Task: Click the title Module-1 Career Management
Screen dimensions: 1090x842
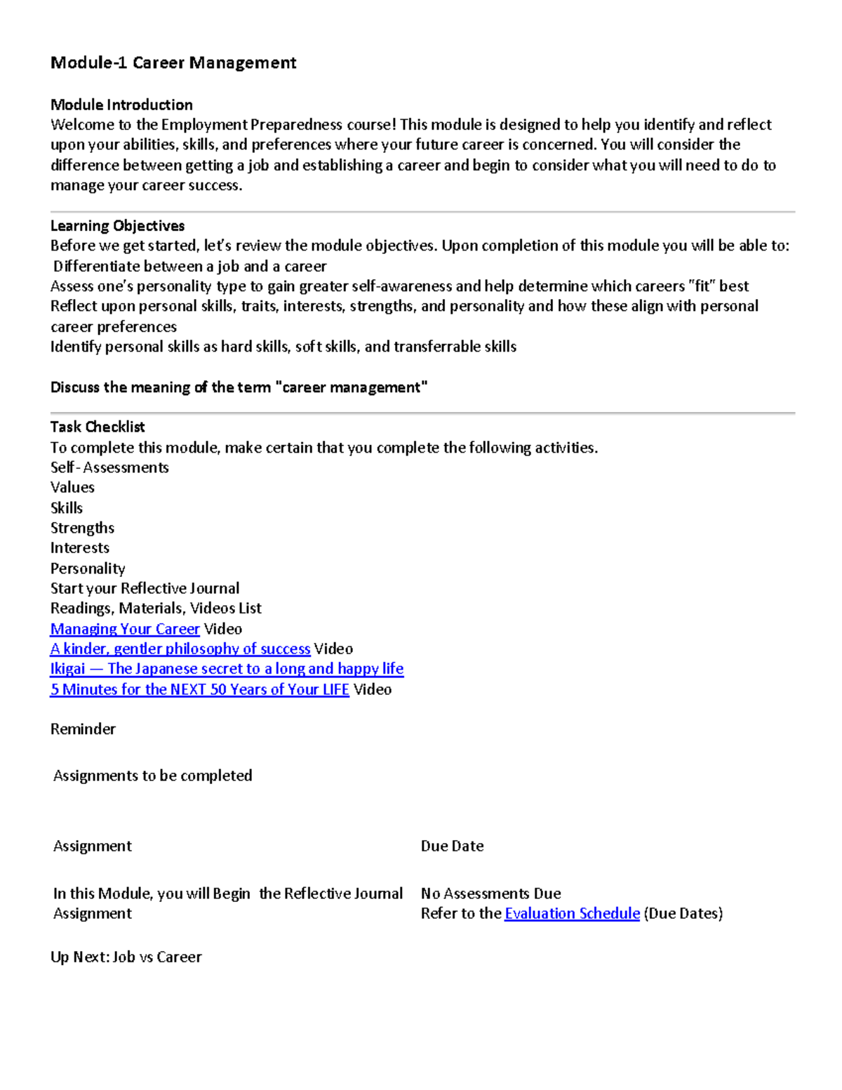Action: pos(173,63)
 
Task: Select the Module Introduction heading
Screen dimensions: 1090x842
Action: pos(121,105)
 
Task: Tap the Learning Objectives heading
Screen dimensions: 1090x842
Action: pos(117,226)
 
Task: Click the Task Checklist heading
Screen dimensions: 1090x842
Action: pos(98,427)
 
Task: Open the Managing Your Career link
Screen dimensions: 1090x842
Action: pos(125,629)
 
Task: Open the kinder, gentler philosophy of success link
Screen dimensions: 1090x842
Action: pos(180,649)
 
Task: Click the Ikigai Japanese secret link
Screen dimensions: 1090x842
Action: pos(227,669)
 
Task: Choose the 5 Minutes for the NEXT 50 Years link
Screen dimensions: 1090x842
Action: pos(199,689)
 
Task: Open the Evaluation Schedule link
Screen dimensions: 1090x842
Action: pos(572,914)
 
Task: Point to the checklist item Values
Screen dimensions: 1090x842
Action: pos(72,487)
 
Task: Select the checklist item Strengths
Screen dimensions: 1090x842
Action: pos(82,528)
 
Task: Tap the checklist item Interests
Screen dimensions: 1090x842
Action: pos(80,548)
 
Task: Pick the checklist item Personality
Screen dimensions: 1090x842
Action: pos(88,569)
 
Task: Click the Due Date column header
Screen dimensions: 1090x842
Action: pos(452,846)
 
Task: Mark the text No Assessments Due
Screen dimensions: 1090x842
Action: pos(490,893)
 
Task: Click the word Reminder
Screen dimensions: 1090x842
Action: pos(83,729)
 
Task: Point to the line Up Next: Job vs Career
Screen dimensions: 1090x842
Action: pos(126,957)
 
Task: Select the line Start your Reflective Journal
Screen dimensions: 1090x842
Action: pos(145,588)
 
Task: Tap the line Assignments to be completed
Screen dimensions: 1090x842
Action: pos(152,776)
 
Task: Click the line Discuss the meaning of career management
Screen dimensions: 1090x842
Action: pos(239,387)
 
